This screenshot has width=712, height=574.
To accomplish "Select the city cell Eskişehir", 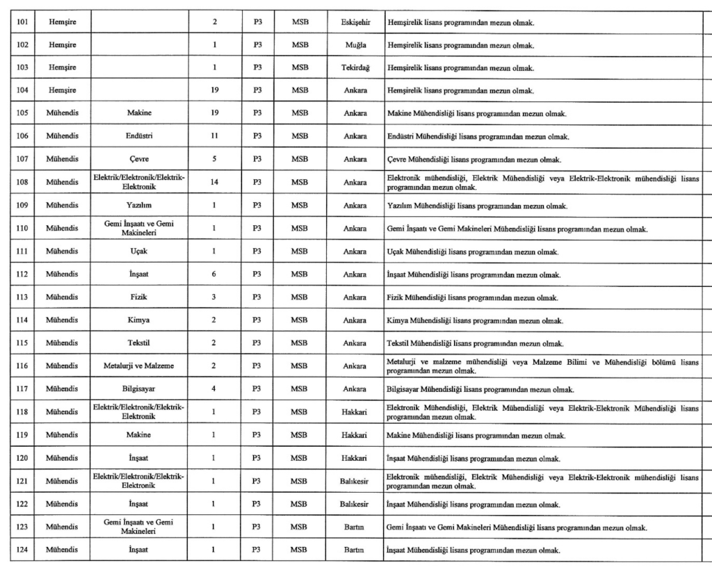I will tap(355, 22).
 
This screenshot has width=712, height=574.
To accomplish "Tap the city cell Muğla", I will tap(355, 45).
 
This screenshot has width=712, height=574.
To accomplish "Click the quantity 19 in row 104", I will tap(215, 90).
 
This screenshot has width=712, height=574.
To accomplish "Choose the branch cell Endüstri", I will tap(139, 136).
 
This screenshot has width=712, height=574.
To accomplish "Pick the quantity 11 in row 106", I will tap(215, 136).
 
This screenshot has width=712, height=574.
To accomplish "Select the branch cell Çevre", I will tap(139, 159).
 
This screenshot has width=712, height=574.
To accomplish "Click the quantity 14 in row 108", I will tap(215, 182).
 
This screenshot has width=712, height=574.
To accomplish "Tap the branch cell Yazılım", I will tap(139, 205).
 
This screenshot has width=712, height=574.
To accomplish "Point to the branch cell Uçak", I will tap(139, 251).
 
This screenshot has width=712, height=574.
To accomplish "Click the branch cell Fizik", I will tap(139, 297).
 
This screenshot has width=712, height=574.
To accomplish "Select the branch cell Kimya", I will tap(139, 320).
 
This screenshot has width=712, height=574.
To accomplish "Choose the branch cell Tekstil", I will tap(139, 343).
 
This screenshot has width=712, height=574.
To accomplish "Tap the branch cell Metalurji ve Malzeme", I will tap(139, 366).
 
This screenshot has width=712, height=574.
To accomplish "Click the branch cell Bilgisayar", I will tap(139, 389).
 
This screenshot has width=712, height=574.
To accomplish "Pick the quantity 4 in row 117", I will tap(215, 389).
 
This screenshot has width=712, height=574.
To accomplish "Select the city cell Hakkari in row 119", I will tap(355, 435).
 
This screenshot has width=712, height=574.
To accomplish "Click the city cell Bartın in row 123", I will tap(355, 527).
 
